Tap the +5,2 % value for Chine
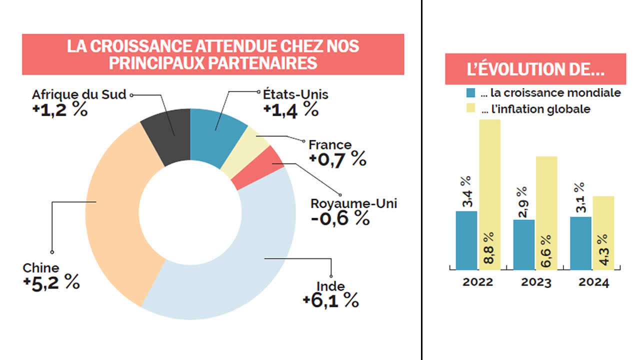click(51, 282)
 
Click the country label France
click(330, 145)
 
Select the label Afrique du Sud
click(79, 94)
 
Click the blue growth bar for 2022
click(466, 240)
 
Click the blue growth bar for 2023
click(523, 244)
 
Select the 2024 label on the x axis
click(594, 282)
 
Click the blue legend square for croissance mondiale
click(471, 93)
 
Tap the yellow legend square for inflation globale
click(471, 109)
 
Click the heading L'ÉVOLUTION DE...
click(535, 69)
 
